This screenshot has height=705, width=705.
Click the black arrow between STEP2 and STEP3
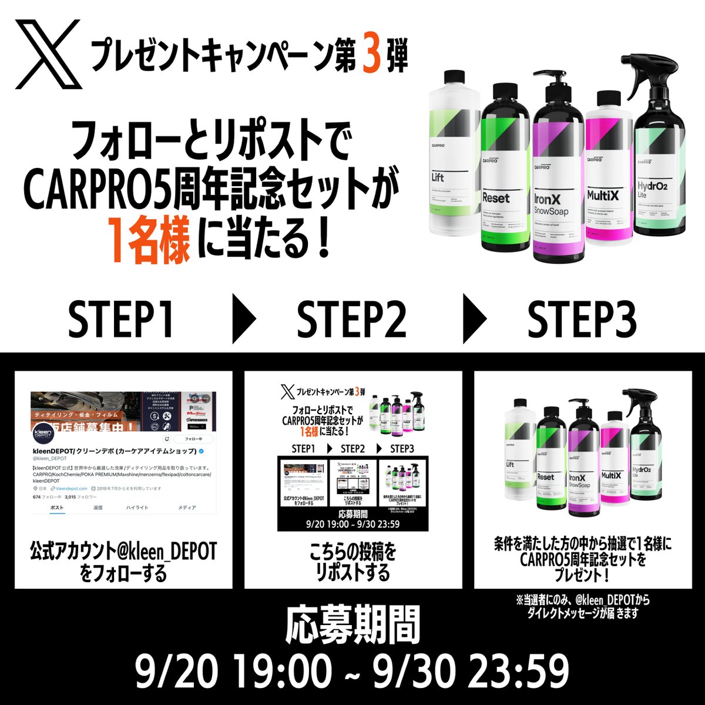[475, 320]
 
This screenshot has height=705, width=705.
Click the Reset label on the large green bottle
[496, 198]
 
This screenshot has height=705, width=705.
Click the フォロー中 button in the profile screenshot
[193, 439]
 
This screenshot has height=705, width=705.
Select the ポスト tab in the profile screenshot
[57, 507]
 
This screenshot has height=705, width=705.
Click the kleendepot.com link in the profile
[72, 488]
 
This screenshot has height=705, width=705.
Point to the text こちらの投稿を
[352, 553]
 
